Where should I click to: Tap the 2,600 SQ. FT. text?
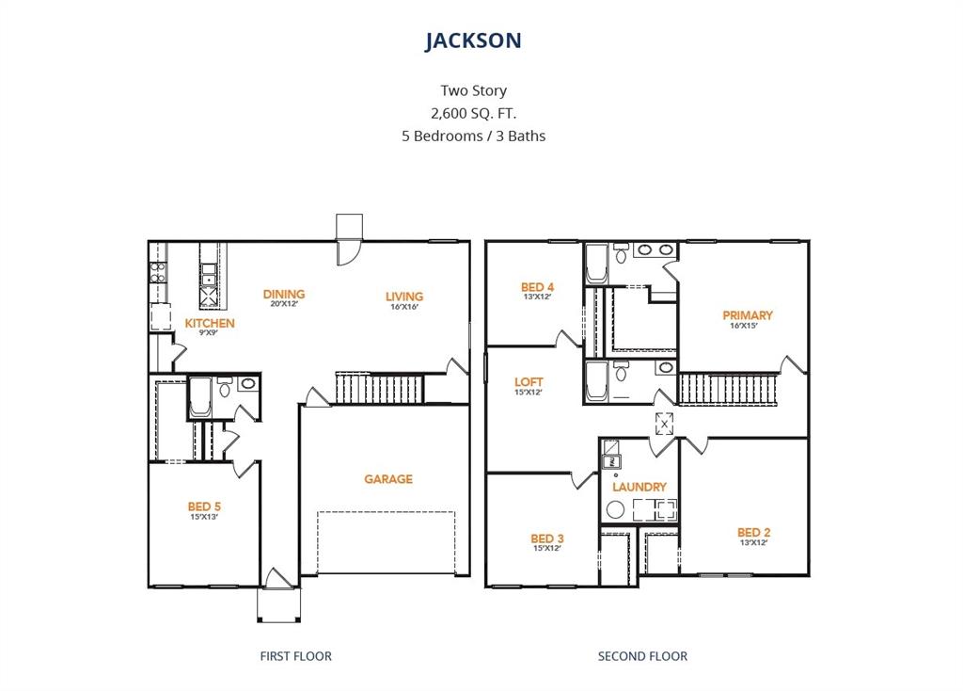[x=473, y=113]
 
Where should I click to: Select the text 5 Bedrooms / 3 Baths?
[x=473, y=136]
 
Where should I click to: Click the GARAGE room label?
[x=388, y=479]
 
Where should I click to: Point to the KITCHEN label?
[x=210, y=323]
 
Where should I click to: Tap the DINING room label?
[x=284, y=294]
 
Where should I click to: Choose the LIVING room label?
[x=404, y=296]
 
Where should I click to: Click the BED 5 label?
[x=204, y=506]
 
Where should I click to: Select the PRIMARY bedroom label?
[x=748, y=315]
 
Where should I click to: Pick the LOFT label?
[x=529, y=382]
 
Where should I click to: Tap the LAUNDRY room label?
[x=639, y=487]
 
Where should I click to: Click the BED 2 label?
[x=754, y=532]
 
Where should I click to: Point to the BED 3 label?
[x=547, y=538]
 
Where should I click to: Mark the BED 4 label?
[x=537, y=287]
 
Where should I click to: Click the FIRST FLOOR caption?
[x=295, y=656]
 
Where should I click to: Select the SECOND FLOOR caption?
[x=642, y=656]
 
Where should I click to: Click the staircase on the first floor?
[x=380, y=387]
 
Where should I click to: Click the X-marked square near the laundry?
[x=665, y=424]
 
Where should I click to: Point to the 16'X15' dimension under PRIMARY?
[x=748, y=328]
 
